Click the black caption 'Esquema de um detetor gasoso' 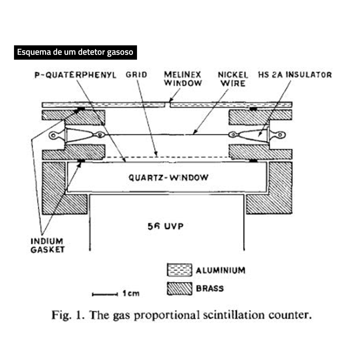75,52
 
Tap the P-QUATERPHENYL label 75,75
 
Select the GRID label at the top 136,75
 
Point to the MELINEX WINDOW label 183,79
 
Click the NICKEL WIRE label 233,79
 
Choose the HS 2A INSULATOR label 295,75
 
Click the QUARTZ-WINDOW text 168,177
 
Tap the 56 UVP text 166,226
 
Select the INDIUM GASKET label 48,245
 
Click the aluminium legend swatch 180,270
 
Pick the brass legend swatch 180,289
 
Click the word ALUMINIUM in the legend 221,270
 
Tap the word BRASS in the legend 210,289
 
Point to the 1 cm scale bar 105,294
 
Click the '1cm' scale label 131,293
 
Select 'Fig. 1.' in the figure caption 68,315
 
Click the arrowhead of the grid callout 156,153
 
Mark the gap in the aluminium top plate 168,105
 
